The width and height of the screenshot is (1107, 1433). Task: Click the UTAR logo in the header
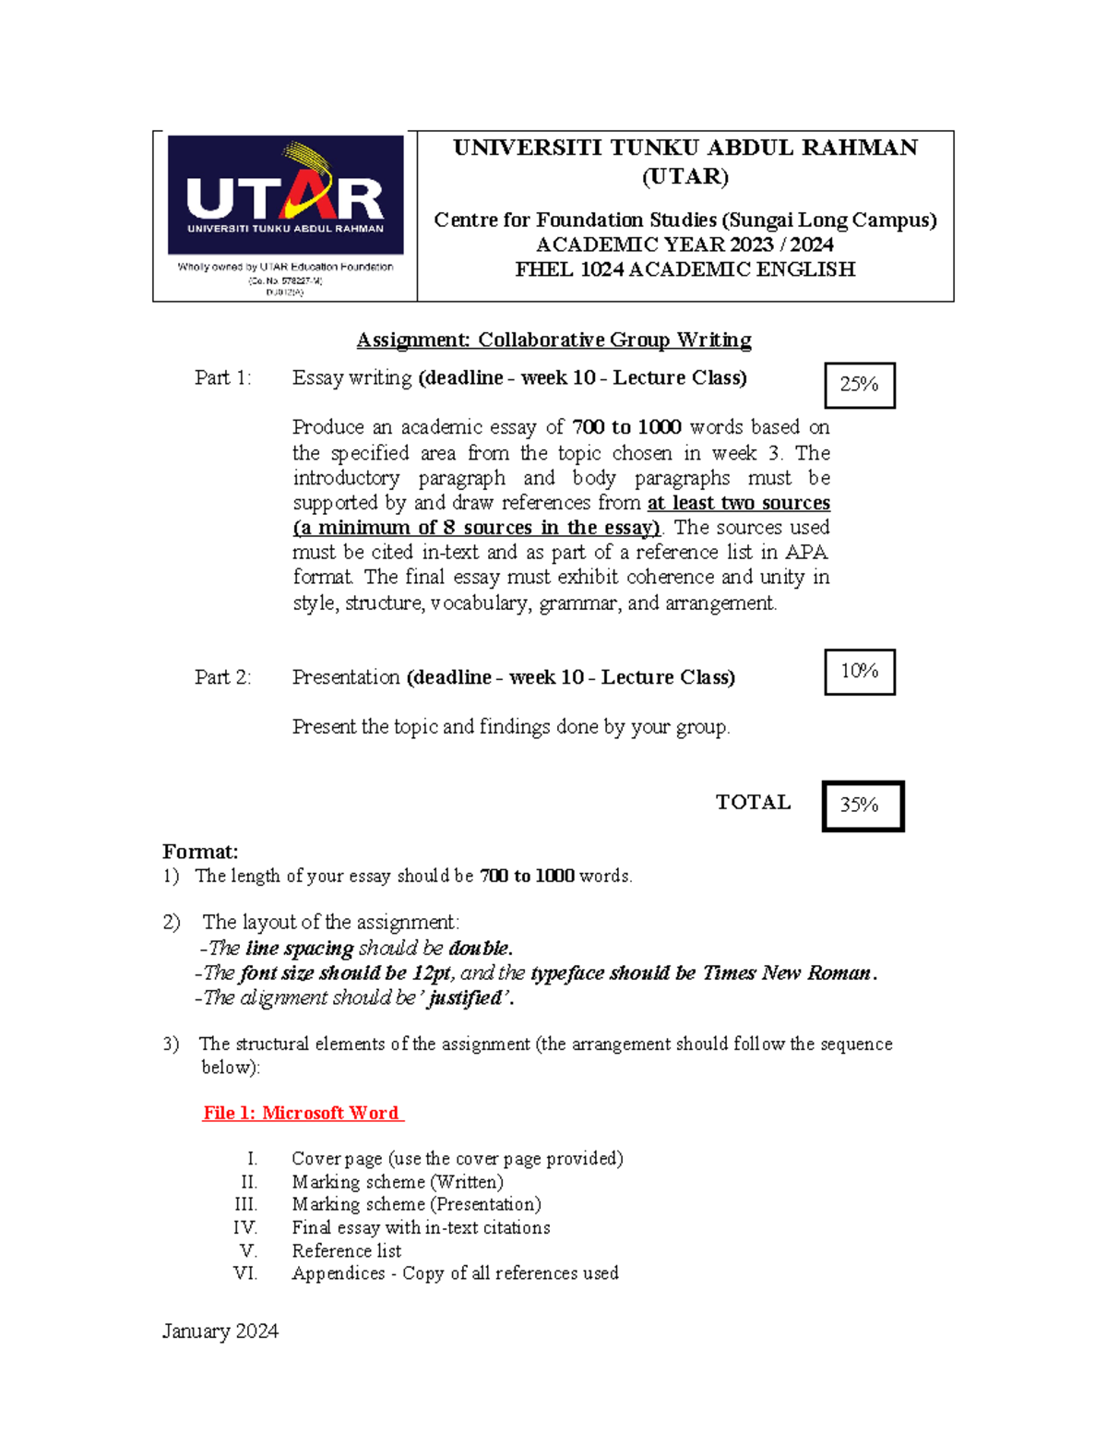click(285, 196)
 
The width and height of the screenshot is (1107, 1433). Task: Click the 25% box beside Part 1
click(859, 385)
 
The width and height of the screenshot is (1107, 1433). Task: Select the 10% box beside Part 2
click(859, 671)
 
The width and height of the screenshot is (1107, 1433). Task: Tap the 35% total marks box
click(862, 805)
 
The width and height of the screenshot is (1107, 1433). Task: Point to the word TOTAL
click(753, 802)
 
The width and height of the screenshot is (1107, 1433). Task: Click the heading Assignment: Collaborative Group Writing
click(553, 340)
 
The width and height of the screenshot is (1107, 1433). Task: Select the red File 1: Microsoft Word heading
click(303, 1113)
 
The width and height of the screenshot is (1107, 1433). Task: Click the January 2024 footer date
click(220, 1331)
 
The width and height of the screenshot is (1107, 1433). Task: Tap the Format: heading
click(200, 851)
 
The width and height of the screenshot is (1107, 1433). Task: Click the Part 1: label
click(222, 377)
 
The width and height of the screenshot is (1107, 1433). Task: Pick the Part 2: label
click(222, 676)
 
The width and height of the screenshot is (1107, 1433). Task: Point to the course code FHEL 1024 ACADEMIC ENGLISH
click(684, 269)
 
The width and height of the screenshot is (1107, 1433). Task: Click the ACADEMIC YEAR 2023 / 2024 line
click(684, 245)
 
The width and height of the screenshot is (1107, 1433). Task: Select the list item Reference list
click(346, 1250)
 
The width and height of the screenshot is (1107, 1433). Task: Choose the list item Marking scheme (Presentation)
click(416, 1204)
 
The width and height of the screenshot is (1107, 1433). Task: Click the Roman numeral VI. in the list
click(245, 1273)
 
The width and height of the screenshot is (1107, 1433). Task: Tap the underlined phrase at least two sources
click(738, 503)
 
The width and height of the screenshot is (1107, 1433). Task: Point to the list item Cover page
click(457, 1158)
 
